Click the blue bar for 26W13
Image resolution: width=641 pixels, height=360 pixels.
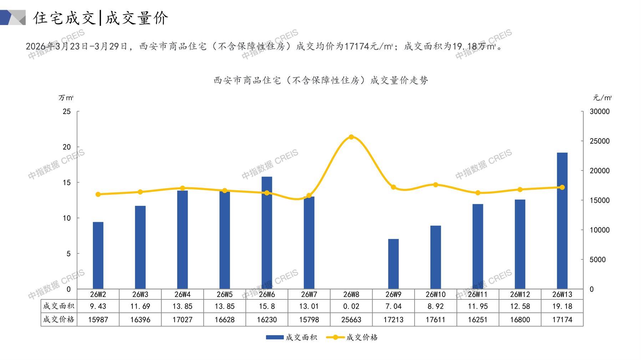click(x=562, y=221)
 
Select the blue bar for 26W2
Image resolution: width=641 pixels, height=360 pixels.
click(x=98, y=256)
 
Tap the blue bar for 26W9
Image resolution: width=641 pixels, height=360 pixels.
click(x=393, y=264)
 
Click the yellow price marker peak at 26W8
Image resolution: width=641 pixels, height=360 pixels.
click(x=351, y=137)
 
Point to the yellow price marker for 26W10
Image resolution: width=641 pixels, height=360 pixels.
click(x=436, y=185)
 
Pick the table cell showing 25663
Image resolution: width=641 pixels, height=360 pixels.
click(x=351, y=320)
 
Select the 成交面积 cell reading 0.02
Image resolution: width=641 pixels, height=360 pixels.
click(x=351, y=306)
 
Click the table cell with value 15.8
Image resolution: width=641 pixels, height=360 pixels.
click(x=267, y=306)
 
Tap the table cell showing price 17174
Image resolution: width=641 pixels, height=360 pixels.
click(x=562, y=320)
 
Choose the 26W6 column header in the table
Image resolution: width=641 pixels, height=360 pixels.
click(x=267, y=294)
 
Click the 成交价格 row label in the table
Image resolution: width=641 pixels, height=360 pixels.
click(x=59, y=319)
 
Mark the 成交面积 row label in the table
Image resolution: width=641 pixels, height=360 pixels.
click(x=59, y=306)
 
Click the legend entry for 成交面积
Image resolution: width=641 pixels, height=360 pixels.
click(x=291, y=337)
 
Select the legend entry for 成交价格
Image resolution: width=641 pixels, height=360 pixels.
click(x=352, y=337)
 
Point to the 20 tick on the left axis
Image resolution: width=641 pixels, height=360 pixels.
click(x=67, y=147)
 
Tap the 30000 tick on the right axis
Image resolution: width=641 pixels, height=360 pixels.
click(x=599, y=112)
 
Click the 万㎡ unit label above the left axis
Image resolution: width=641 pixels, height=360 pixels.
click(x=66, y=98)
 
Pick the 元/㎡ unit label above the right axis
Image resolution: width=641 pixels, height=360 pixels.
click(x=602, y=98)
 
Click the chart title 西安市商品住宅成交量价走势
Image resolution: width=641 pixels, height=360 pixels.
click(x=321, y=81)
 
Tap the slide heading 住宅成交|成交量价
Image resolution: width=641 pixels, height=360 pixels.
click(x=101, y=18)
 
